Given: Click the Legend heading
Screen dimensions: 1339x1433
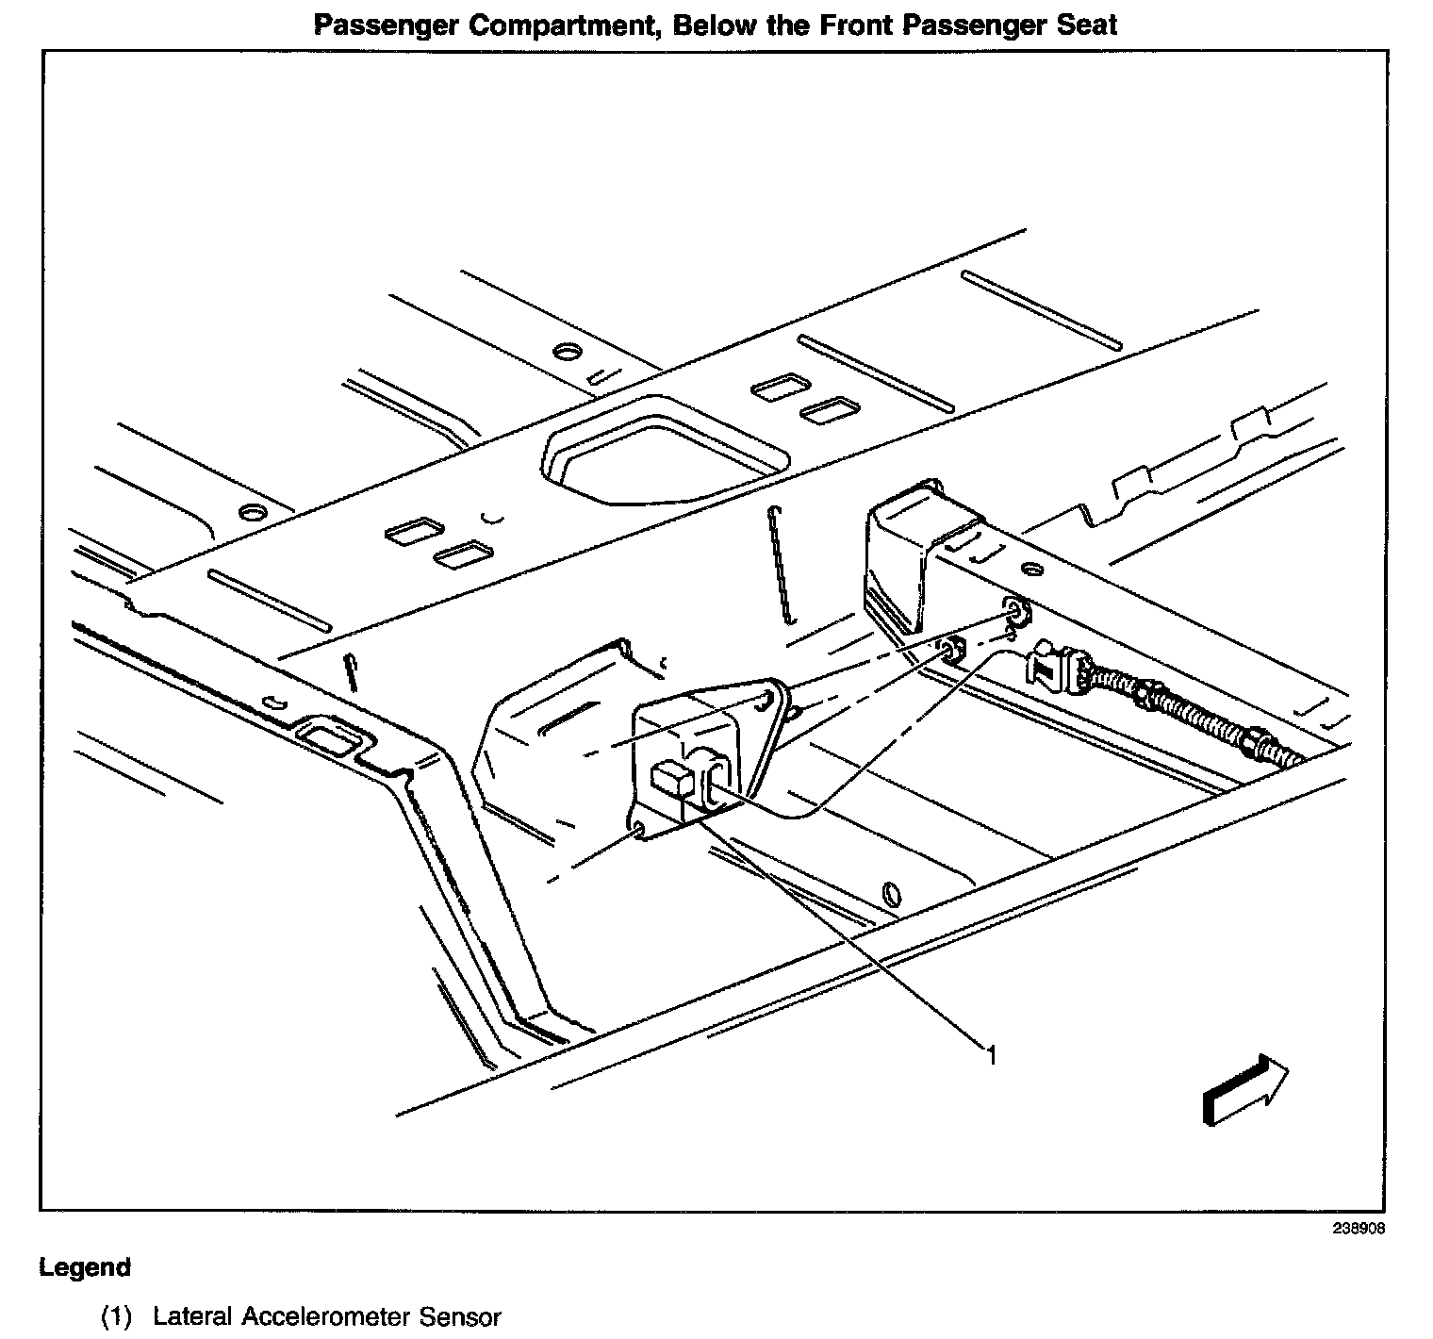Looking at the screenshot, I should pos(85,1267).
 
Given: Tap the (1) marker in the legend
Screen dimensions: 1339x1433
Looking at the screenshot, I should pos(117,1316).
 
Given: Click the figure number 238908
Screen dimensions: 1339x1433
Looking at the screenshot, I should pos(1359,1229).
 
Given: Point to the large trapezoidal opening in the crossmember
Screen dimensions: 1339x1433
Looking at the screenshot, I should pos(666,455).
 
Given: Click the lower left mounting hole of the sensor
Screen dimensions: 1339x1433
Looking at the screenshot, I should pos(639,829).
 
